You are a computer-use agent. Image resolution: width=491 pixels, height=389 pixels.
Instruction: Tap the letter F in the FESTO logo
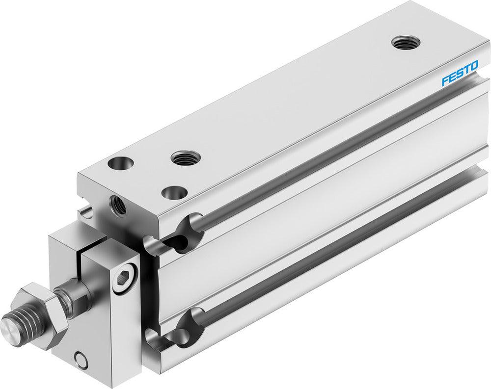coord(444,80)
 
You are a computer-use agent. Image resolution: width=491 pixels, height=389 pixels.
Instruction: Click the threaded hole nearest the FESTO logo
coord(405,43)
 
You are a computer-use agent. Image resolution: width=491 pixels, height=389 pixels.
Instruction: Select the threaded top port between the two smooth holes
coord(186,158)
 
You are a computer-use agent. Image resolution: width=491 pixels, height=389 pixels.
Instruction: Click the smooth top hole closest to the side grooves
coord(174,193)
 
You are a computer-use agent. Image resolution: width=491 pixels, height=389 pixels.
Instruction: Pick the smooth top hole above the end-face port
coord(121,163)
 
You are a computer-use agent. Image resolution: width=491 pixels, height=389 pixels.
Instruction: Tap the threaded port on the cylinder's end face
coord(118,205)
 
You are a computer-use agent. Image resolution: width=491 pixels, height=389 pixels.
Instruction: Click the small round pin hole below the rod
coord(82,361)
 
